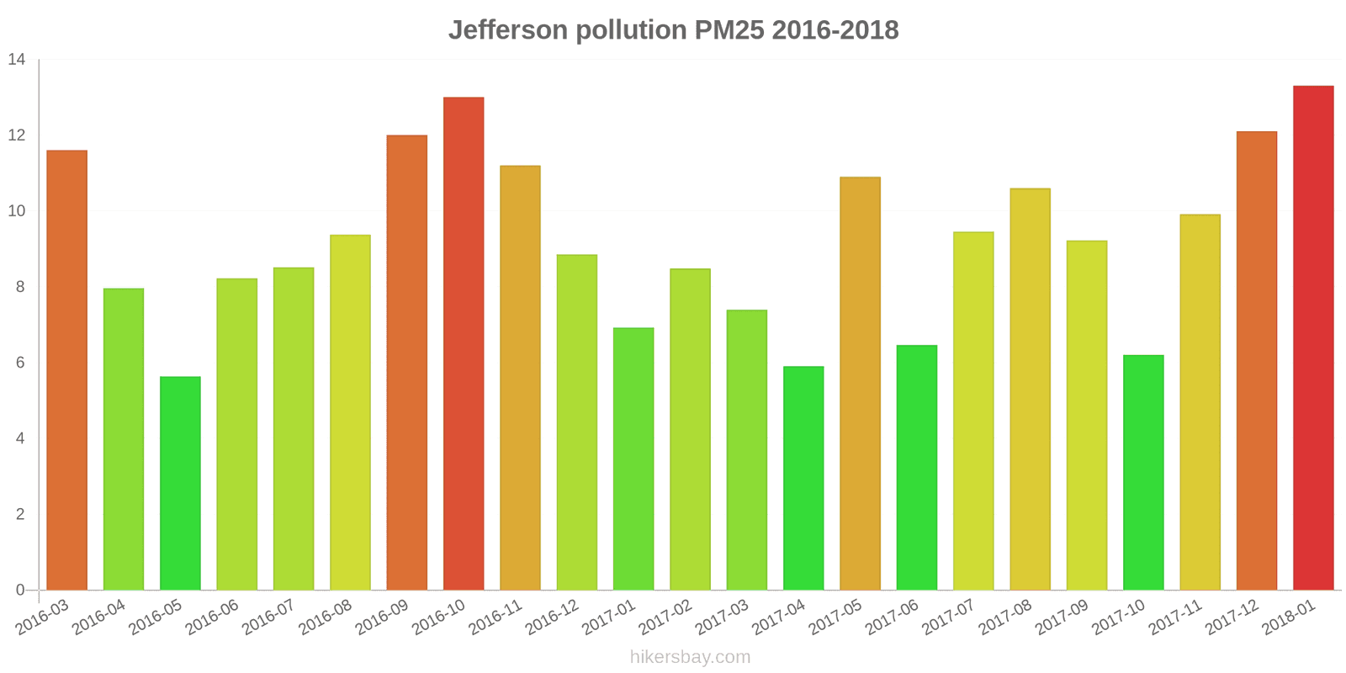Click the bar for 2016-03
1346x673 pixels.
coord(67,370)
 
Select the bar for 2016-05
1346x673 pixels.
coord(180,483)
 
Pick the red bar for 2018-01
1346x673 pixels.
coord(1313,337)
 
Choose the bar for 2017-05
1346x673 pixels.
coord(860,384)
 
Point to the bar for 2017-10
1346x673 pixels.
coord(1143,472)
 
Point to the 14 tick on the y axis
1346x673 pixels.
coord(17,60)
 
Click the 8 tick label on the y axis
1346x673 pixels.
coord(20,287)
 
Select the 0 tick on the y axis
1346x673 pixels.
coord(20,590)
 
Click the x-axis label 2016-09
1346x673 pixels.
coord(382,617)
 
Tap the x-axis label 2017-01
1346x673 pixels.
coord(609,617)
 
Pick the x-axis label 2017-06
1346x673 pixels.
coord(892,617)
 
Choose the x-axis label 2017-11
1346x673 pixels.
coord(1175,617)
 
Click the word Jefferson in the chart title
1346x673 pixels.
coord(508,30)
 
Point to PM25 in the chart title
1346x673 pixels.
coord(729,30)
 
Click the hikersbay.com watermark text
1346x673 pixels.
coord(690,657)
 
